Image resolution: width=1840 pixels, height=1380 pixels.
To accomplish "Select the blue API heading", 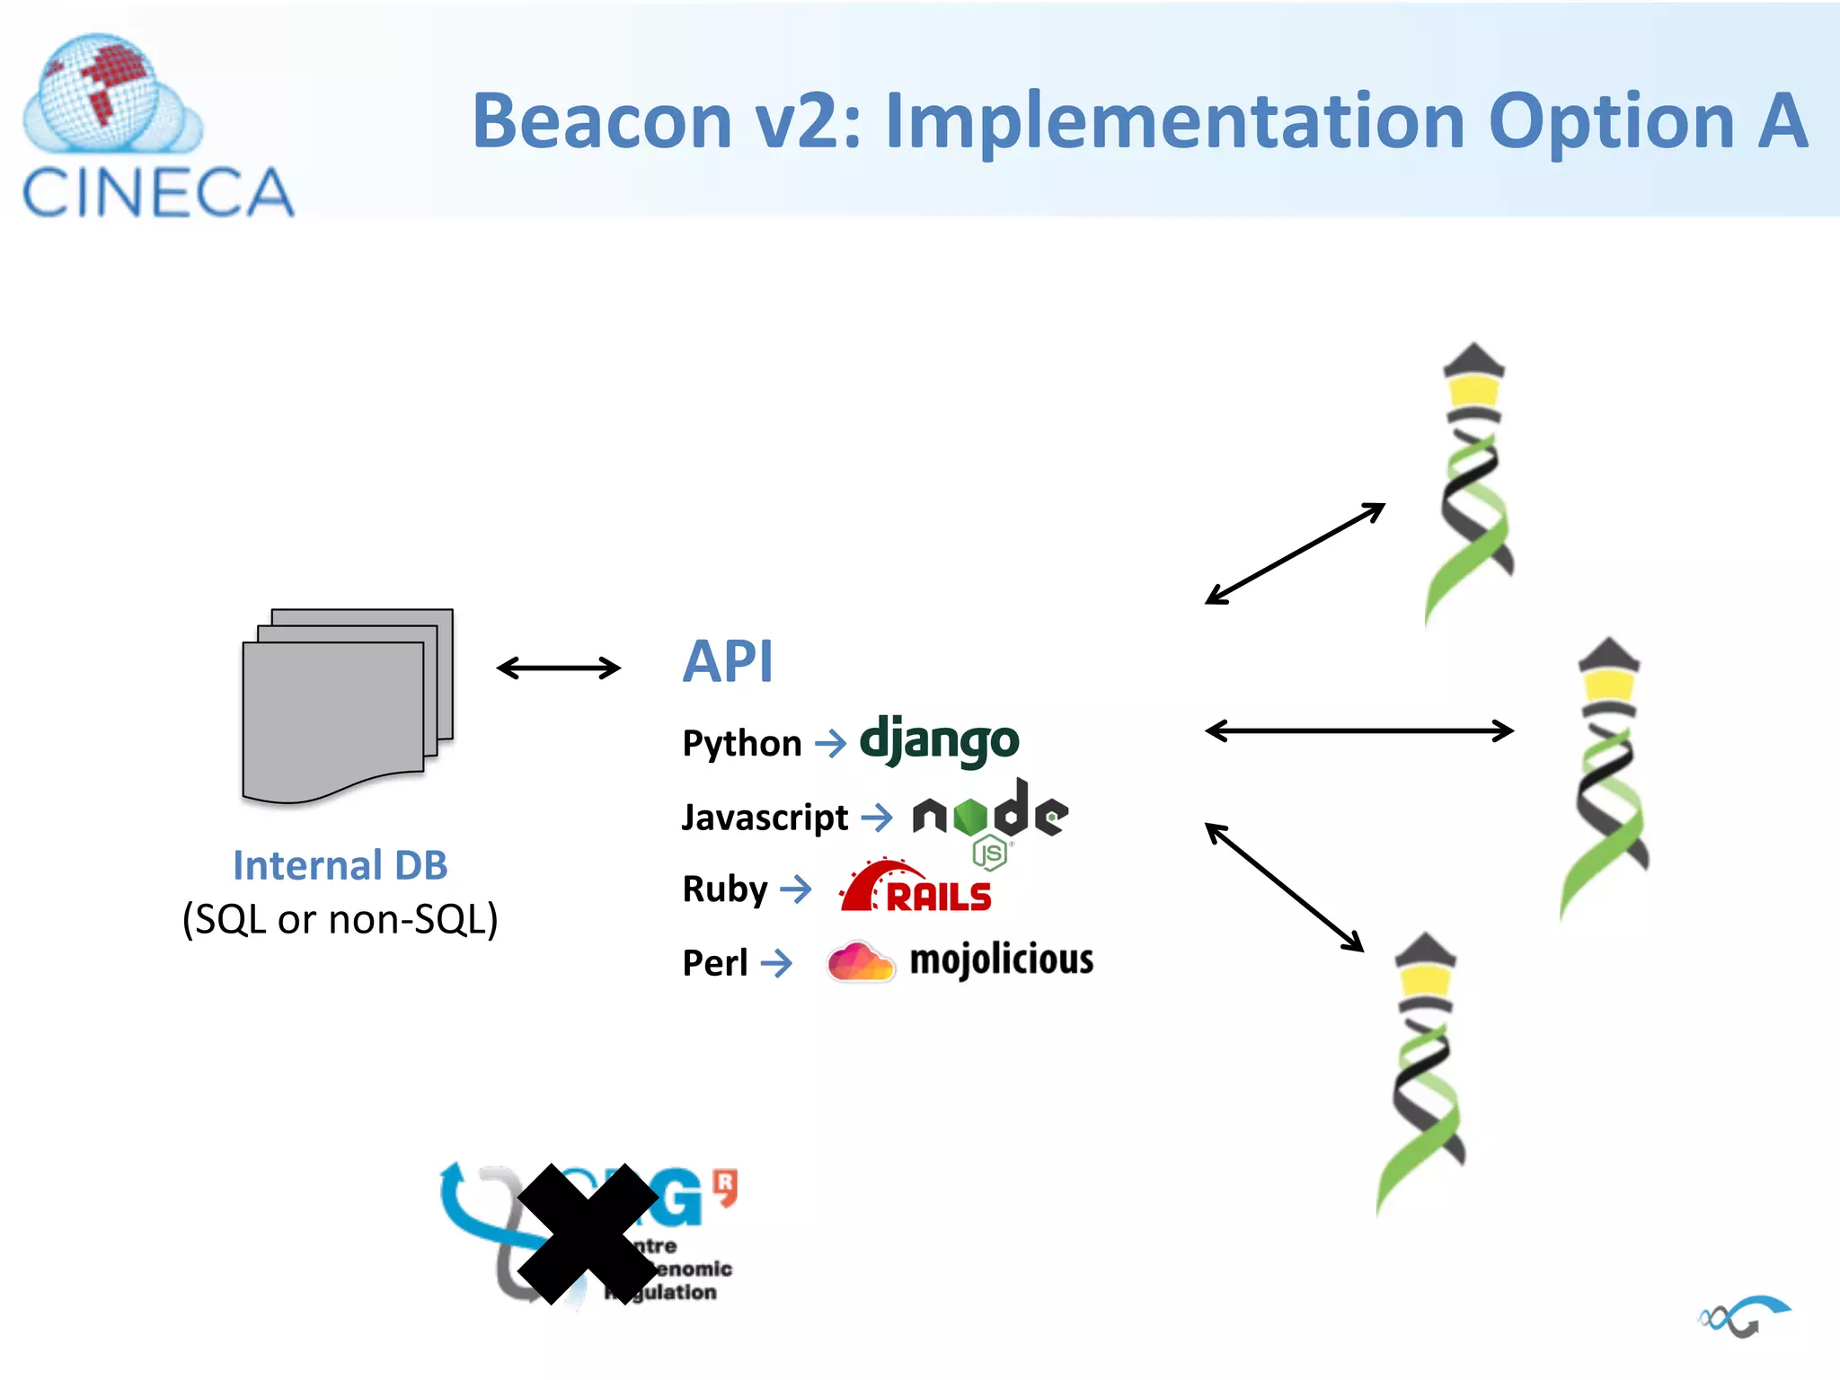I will coord(727,662).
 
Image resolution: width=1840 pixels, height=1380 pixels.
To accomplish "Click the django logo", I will coord(939,740).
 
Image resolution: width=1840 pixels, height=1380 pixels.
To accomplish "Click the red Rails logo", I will coord(916,888).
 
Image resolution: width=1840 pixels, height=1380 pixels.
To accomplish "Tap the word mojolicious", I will coord(1001,960).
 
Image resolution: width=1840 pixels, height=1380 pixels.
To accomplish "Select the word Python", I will coord(741,744).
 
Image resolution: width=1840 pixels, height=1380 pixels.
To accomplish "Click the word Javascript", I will coord(765,818).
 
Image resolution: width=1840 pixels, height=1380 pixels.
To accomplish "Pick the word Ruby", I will coord(724,889).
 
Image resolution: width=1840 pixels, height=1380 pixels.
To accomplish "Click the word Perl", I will coord(714,963).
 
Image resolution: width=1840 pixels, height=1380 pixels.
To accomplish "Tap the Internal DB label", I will coord(340,865).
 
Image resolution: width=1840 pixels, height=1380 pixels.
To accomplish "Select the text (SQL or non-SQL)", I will coord(340,919).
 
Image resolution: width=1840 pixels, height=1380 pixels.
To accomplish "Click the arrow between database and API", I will coord(558,668).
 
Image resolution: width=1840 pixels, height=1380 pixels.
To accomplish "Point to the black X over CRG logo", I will coord(588,1233).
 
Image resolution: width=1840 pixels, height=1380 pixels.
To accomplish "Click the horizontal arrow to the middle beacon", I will coord(1358,730).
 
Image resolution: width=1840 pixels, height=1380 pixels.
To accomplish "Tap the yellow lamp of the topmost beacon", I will coord(1473,390).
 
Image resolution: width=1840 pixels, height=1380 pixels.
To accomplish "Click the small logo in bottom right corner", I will coord(1743,1316).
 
